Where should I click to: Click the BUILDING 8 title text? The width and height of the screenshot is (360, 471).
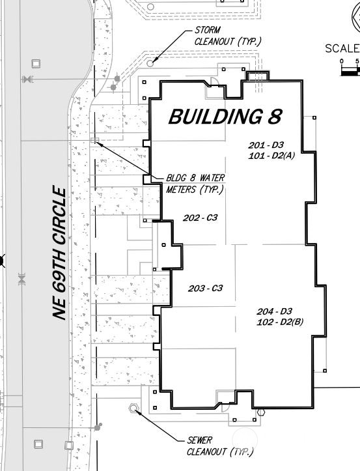click(225, 117)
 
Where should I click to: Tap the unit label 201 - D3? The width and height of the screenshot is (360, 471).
click(266, 145)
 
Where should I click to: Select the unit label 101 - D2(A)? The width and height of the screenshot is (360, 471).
click(271, 156)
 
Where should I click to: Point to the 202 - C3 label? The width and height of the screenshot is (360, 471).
click(200, 218)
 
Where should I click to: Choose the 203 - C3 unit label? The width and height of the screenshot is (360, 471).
click(206, 288)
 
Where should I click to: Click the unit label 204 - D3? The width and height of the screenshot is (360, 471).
click(274, 311)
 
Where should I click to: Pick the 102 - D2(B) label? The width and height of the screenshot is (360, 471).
click(281, 322)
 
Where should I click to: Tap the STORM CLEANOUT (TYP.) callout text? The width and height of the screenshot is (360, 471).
click(228, 36)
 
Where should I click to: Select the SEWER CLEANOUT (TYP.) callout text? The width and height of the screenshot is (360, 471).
click(219, 446)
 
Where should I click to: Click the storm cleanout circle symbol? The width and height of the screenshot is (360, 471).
click(150, 63)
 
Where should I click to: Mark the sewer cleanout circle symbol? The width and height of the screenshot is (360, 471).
click(135, 408)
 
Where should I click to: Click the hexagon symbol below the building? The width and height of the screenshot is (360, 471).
click(261, 412)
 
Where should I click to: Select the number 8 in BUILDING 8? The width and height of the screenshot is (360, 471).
click(274, 117)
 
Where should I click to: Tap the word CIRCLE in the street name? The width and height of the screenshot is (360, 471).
click(61, 217)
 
